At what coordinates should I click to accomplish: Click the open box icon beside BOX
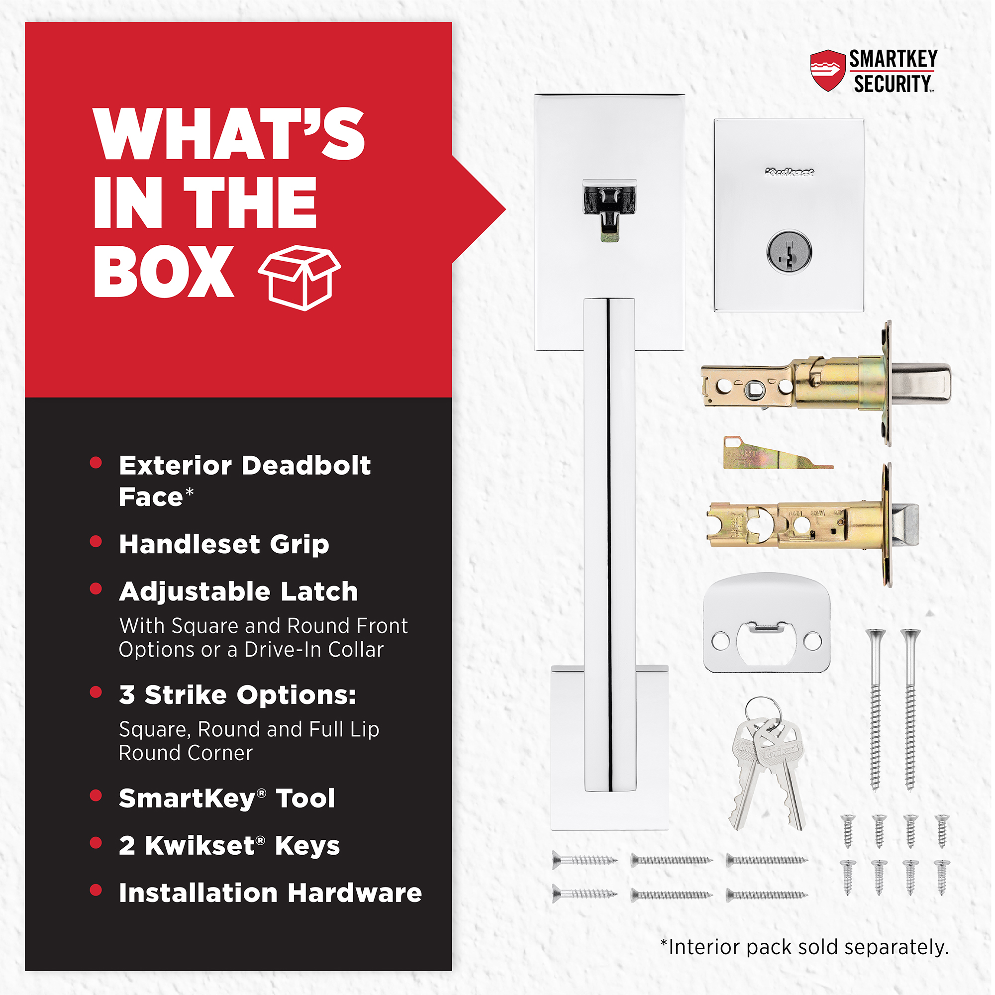pyautogui.click(x=299, y=278)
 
